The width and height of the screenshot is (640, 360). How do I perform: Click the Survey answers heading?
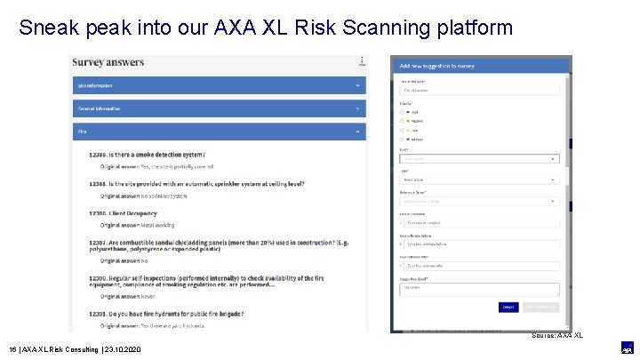[108, 63]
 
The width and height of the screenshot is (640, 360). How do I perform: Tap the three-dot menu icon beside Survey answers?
[361, 61]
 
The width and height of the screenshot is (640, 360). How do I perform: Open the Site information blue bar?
[218, 85]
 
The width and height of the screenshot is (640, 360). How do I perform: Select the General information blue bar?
[218, 108]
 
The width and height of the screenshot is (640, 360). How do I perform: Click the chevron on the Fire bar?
[357, 131]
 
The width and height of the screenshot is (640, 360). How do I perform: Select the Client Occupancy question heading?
[124, 213]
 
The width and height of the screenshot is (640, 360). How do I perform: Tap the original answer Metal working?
[137, 225]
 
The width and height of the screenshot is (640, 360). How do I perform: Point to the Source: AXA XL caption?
[557, 335]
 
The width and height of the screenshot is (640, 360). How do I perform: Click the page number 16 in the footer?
[12, 350]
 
